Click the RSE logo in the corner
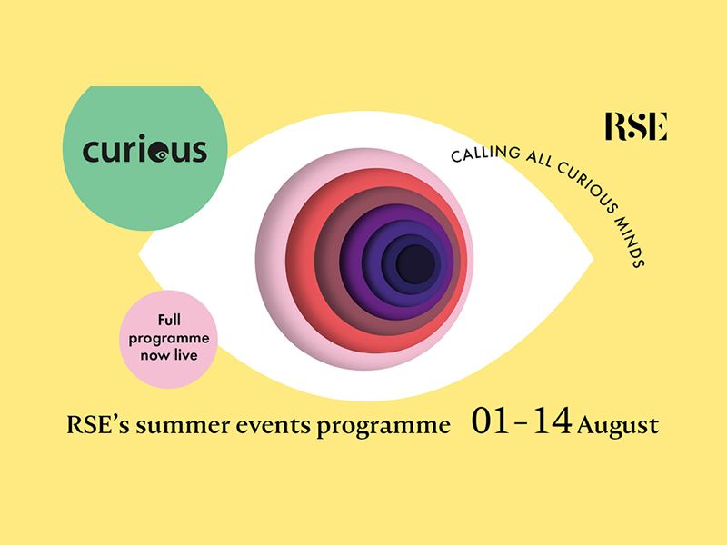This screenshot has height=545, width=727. (636, 126)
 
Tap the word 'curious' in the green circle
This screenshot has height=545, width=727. (144, 149)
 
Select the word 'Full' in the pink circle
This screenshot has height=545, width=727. (169, 320)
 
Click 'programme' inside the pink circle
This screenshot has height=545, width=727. (169, 339)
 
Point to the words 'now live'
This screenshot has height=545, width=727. (169, 355)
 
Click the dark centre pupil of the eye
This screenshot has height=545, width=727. (415, 264)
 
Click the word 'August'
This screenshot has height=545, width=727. (618, 426)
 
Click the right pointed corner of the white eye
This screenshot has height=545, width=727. (593, 259)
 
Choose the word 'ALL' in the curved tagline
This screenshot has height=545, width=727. (539, 160)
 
